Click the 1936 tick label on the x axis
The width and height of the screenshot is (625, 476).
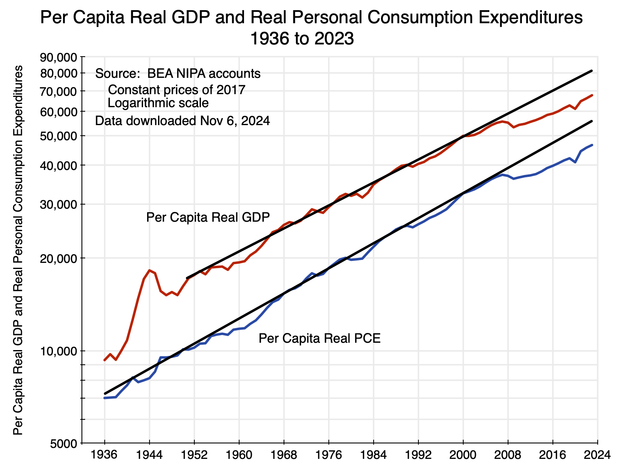tap(104, 455)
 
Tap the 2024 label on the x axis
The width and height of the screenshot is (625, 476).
tap(597, 455)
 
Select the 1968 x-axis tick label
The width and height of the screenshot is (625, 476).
tap(284, 455)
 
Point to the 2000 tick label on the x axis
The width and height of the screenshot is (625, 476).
tap(463, 455)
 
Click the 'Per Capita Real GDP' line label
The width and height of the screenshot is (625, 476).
tap(208, 217)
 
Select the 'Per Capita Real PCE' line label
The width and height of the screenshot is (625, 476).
tap(319, 338)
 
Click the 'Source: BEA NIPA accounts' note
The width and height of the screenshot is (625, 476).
tap(178, 74)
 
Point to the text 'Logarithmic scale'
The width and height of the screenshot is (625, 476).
tap(158, 103)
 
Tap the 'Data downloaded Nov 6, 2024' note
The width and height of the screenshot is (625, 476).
tap(182, 121)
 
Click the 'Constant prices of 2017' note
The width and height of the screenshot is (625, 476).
tap(176, 90)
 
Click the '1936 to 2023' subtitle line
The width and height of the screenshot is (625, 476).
tap(301, 39)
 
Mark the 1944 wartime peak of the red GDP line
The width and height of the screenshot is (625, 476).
tap(150, 270)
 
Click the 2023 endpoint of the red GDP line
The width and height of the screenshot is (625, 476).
tap(592, 95)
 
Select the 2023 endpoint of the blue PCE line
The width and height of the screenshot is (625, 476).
tap(592, 145)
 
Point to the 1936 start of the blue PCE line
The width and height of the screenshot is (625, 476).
tap(105, 398)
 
